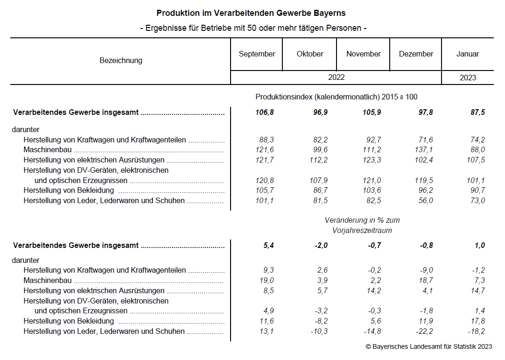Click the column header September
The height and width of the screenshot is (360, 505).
[257, 54]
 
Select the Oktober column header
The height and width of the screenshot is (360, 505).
[310, 54]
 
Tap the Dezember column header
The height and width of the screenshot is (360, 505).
[416, 54]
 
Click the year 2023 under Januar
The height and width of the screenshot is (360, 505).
[468, 78]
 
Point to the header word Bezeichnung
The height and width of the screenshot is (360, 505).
[121, 61]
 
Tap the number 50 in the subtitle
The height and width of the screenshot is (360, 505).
[252, 28]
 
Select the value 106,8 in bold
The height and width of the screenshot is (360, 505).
[265, 113]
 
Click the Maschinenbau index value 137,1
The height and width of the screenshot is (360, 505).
[423, 150]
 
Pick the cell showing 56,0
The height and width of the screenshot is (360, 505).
[426, 201]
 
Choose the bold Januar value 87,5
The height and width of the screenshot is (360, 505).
[477, 113]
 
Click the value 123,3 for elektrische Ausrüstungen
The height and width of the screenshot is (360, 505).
[372, 160]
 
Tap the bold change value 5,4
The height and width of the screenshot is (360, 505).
[269, 246]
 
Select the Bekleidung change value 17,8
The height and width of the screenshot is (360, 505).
[477, 321]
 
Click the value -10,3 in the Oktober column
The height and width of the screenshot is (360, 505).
[319, 332]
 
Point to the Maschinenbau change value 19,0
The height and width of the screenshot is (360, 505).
[267, 281]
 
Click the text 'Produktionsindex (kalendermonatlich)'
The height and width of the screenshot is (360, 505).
[317, 97]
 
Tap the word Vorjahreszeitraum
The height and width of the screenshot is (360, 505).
[362, 231]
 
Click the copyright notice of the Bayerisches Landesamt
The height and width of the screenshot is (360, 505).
[428, 347]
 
